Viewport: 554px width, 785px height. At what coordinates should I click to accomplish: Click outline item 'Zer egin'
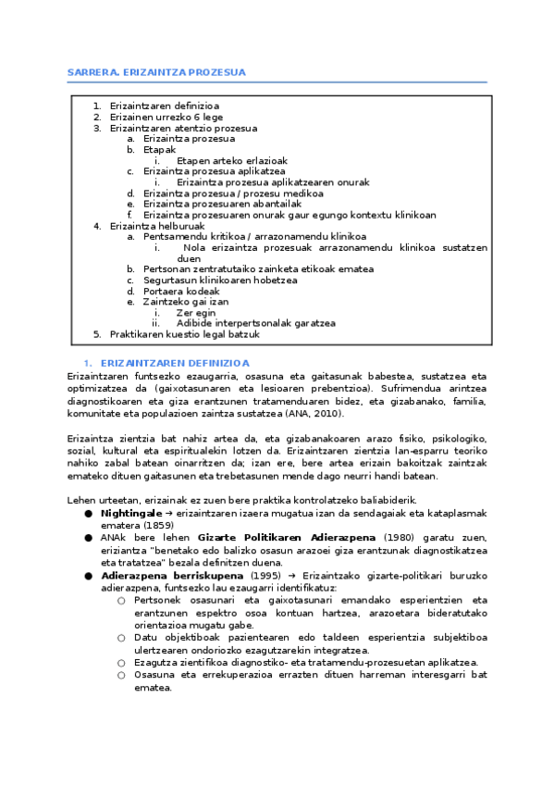tap(196, 312)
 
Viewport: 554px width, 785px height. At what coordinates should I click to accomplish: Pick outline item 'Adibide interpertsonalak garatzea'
tap(256, 323)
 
